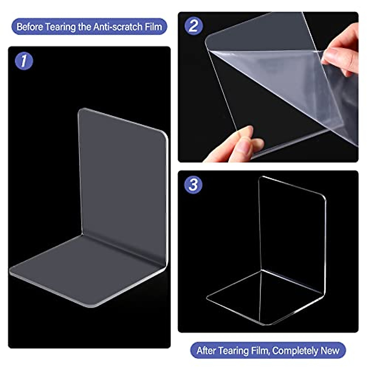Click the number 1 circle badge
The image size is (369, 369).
pos(24,61)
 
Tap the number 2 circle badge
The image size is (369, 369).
pos(193,26)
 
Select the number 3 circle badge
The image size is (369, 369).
pos(193,185)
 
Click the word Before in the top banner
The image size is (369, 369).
pos(30,27)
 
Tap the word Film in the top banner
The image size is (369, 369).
pos(154,27)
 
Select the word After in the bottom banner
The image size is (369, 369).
pos(207,351)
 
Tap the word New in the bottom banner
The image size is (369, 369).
pos(330,351)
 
